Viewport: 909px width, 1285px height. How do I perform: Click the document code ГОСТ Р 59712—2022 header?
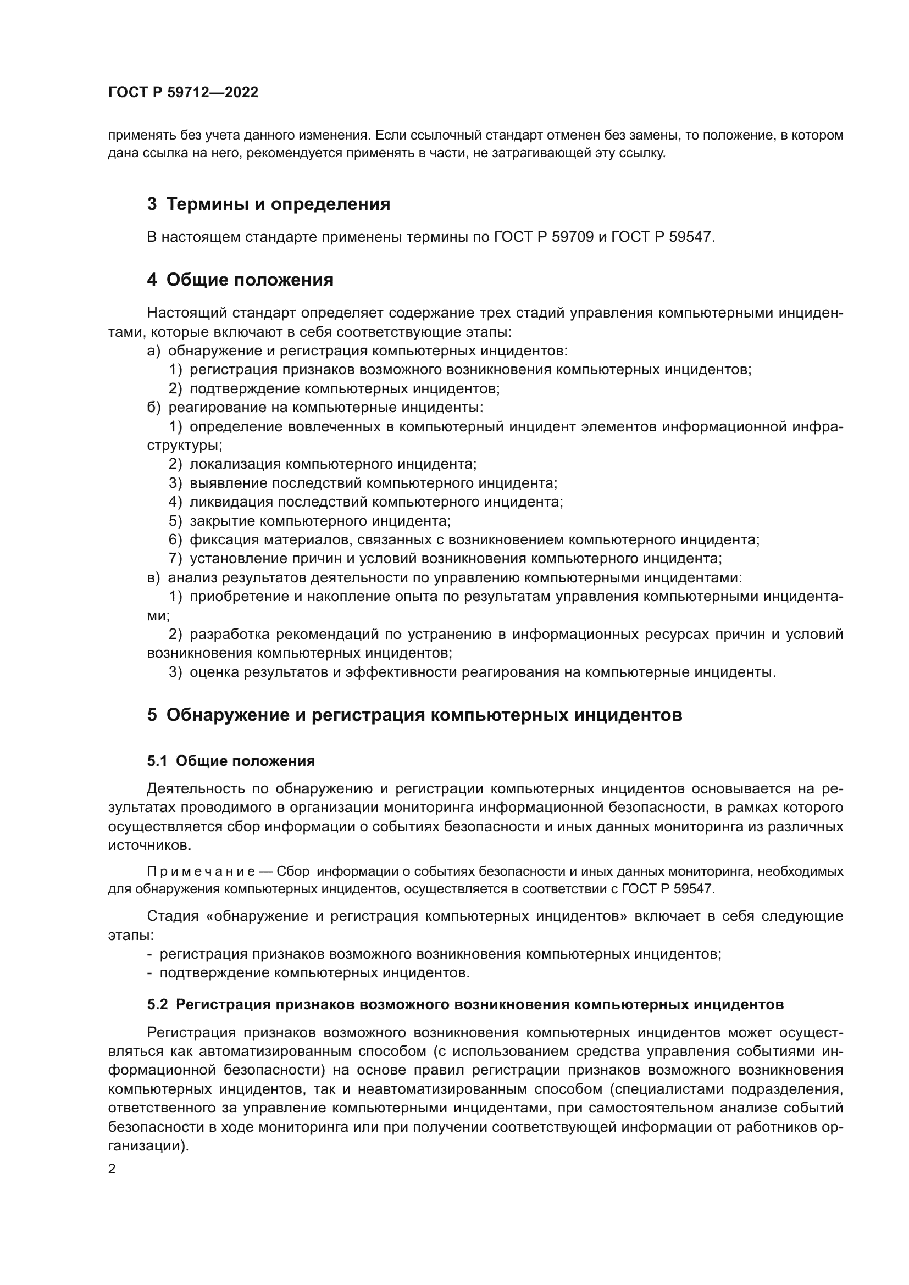click(183, 93)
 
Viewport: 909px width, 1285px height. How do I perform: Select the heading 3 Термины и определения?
click(269, 204)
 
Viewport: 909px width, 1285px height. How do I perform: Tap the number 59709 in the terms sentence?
click(573, 237)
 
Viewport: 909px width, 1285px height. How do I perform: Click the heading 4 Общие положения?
click(240, 280)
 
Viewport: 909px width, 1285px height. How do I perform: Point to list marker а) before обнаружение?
click(153, 351)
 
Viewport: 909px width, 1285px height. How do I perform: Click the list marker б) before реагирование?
click(153, 408)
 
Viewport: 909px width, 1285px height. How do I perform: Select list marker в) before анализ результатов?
click(153, 577)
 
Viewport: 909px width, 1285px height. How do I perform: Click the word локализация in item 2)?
click(236, 465)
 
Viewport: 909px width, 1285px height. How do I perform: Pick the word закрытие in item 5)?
click(223, 521)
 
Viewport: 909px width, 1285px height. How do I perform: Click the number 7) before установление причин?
click(175, 559)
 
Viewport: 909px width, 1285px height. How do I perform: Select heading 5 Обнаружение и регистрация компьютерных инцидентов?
click(414, 715)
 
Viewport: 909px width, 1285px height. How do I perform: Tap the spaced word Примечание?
click(201, 872)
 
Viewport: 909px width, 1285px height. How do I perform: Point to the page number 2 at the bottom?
click(112, 1170)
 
